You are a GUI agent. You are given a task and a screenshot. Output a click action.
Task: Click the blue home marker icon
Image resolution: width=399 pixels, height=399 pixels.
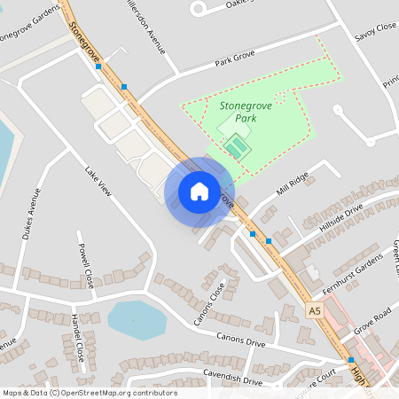point(199,191)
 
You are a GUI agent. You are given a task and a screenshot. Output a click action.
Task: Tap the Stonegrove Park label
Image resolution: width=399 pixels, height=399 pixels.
point(245,111)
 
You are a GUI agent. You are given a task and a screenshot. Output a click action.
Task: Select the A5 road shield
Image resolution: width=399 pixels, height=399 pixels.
point(315,310)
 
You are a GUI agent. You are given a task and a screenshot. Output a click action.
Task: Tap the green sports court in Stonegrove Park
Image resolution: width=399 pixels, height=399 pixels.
point(236,145)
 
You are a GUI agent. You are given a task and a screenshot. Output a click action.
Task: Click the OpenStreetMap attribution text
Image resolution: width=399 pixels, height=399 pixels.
point(90,393)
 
